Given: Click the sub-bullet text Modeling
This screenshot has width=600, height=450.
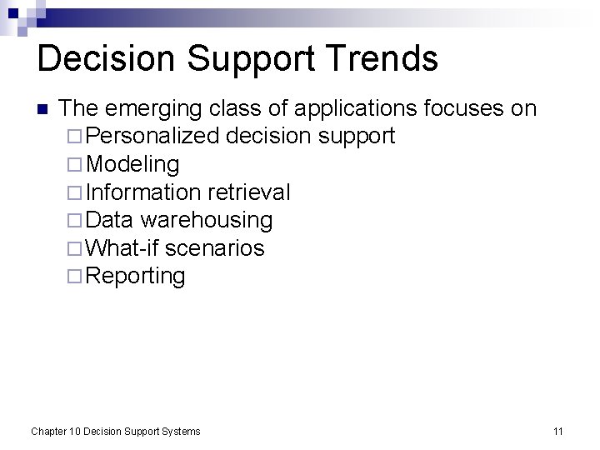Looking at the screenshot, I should click(132, 164).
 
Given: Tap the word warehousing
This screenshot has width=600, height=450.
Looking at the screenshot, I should click(207, 220).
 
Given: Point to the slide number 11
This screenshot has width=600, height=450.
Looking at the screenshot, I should click(558, 431).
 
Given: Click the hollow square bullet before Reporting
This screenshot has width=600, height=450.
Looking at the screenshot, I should click(73, 277).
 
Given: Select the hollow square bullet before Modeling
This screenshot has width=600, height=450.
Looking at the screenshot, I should click(73, 164).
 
